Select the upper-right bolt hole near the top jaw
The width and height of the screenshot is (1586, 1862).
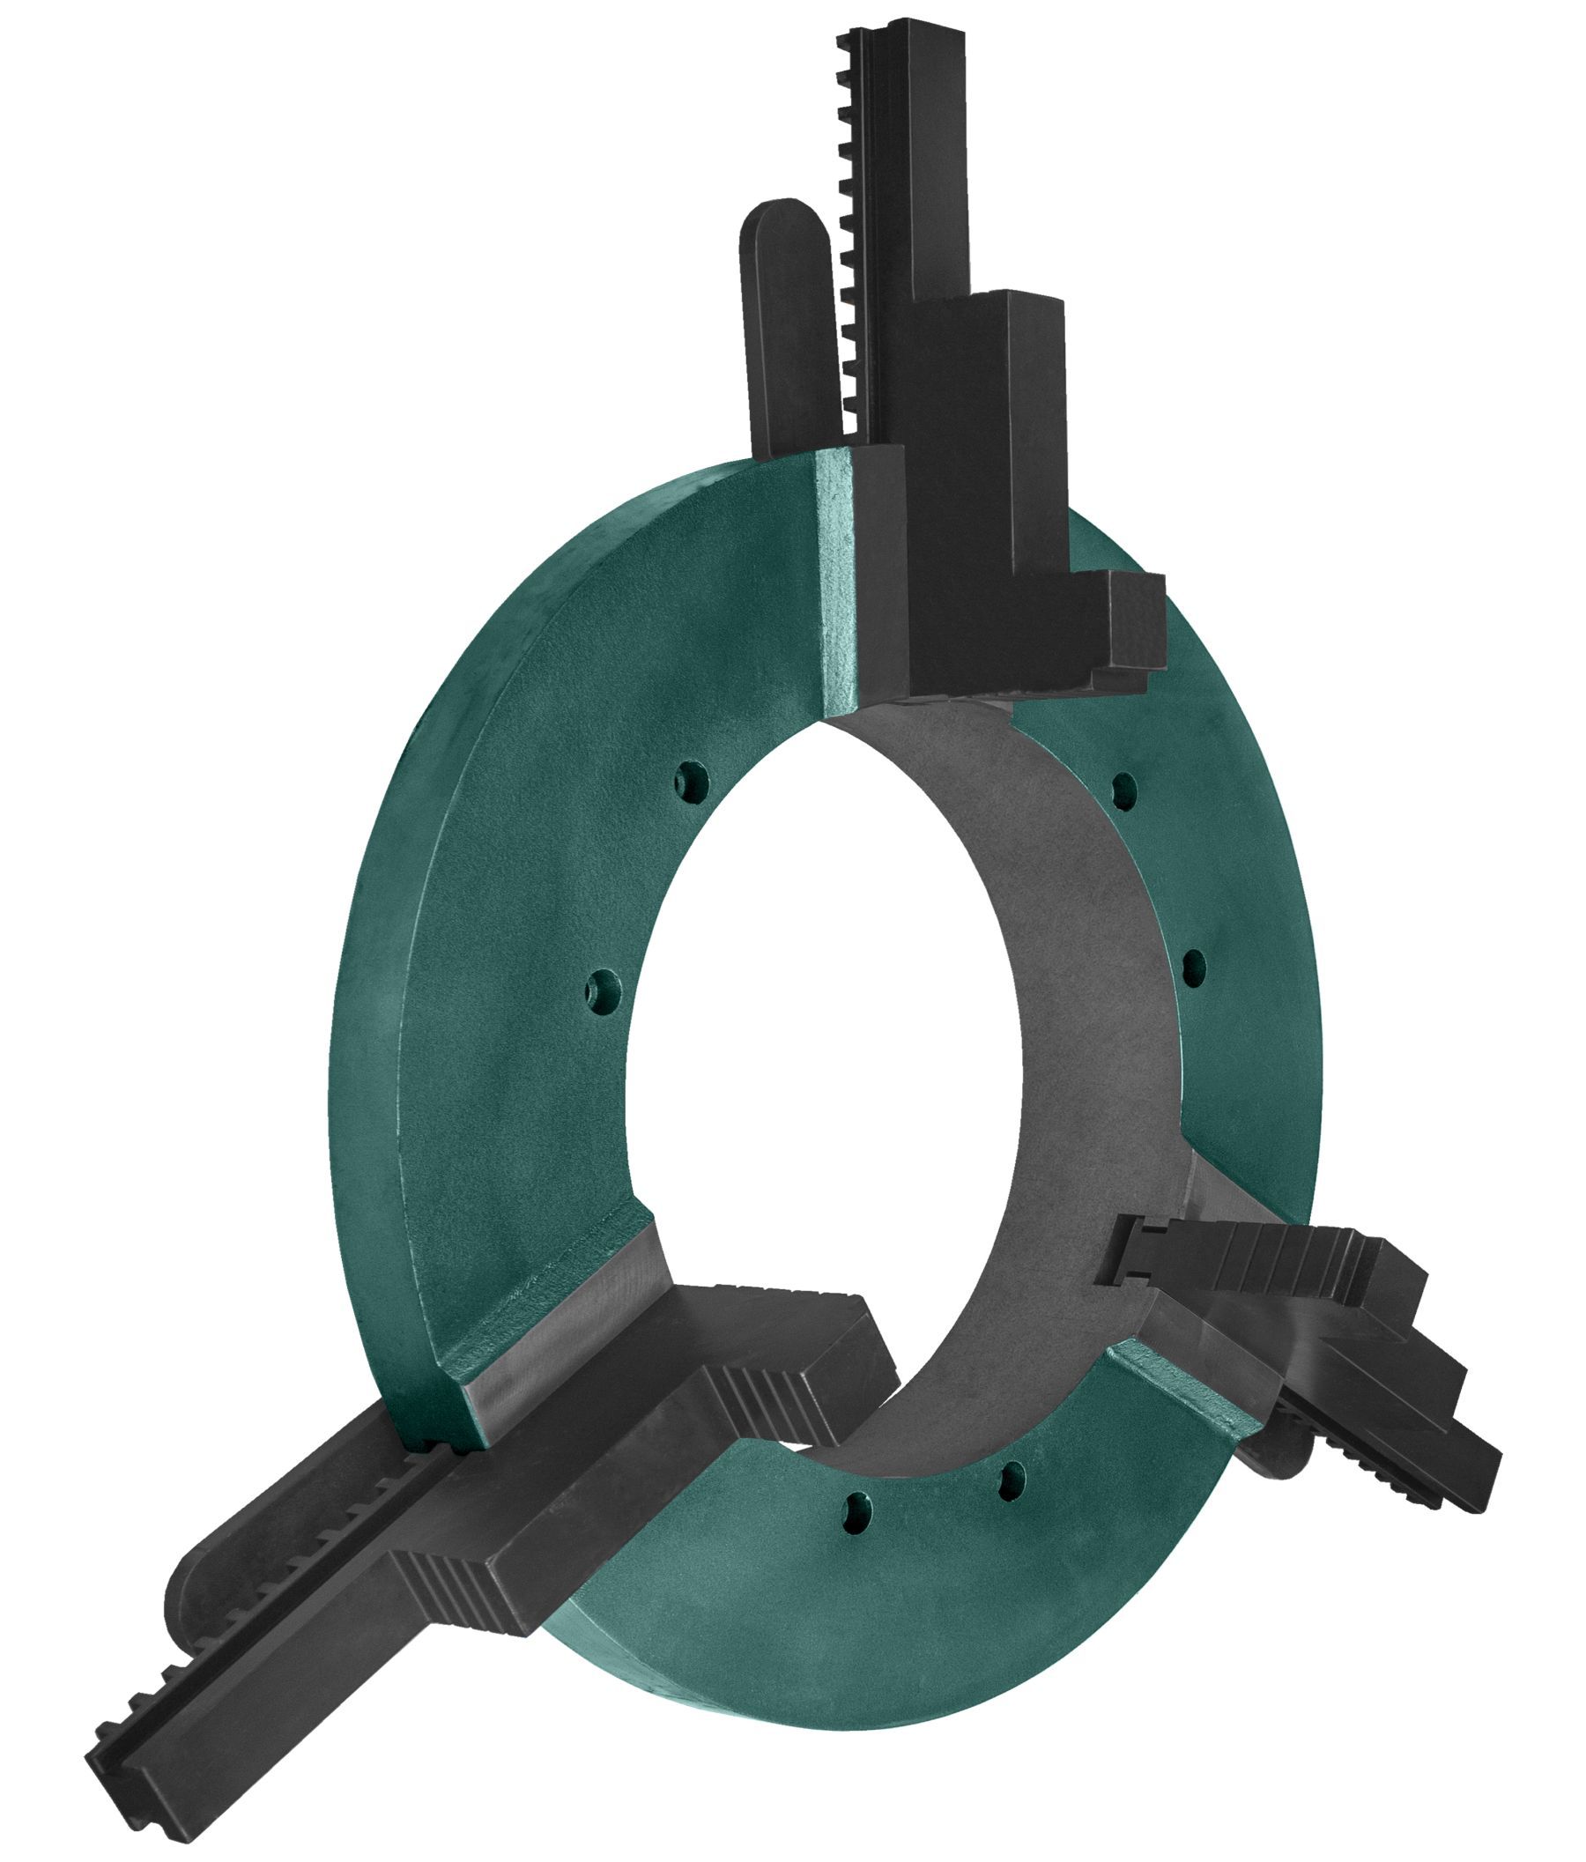pyautogui.click(x=1123, y=789)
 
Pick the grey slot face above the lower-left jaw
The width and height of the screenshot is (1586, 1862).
pyautogui.click(x=557, y=1321)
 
